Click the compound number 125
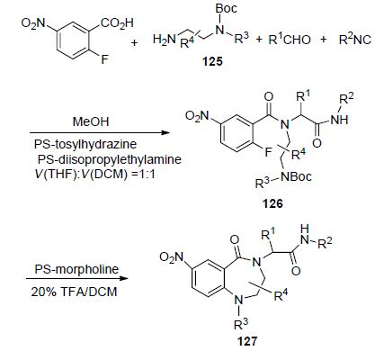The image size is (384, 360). (212, 61)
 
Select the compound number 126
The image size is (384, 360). (272, 203)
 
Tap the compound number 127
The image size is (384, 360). (247, 341)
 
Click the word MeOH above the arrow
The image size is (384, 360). (91, 121)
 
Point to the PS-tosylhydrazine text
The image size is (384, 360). (85, 144)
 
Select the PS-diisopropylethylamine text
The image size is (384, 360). (110, 159)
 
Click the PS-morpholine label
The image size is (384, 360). (76, 269)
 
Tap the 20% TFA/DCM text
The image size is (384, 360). (74, 292)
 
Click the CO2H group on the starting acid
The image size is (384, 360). (117, 23)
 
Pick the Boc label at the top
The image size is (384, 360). (227, 8)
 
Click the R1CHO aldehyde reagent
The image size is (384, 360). (290, 40)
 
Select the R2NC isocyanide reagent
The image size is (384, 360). (355, 40)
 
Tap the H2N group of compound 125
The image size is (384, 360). (163, 40)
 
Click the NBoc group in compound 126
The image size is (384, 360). (297, 176)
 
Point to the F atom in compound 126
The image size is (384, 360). (269, 153)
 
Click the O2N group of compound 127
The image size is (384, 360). (172, 257)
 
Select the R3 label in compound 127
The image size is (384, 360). (241, 324)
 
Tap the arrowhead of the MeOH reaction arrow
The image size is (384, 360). (165, 132)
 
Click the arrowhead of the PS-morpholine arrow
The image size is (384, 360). (123, 278)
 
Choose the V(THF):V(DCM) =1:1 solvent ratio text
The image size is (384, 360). (95, 175)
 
